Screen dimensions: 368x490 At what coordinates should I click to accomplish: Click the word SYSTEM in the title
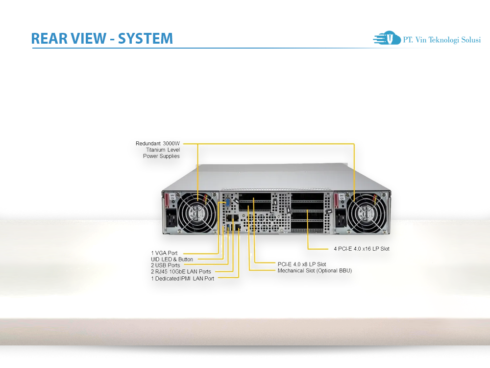pyautogui.click(x=146, y=38)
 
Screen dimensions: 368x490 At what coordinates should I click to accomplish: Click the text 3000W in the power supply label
pyautogui.click(x=171, y=144)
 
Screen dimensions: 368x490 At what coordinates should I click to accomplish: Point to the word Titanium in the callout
pyautogui.click(x=155, y=150)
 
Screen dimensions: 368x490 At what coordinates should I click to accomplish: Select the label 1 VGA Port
pyautogui.click(x=164, y=253)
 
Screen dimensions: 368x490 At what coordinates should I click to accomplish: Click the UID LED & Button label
pyautogui.click(x=172, y=259)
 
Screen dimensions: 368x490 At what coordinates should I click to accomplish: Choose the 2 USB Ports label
pyautogui.click(x=165, y=265)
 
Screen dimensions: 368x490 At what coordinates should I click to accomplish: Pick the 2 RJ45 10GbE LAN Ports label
pyautogui.click(x=181, y=271)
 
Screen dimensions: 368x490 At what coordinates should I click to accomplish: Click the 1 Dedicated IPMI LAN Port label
pyautogui.click(x=182, y=278)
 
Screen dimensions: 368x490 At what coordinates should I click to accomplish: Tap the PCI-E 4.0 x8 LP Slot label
pyautogui.click(x=302, y=264)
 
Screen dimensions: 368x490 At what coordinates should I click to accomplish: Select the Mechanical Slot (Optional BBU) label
pyautogui.click(x=315, y=270)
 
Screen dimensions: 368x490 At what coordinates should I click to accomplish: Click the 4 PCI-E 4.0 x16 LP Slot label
pyautogui.click(x=362, y=249)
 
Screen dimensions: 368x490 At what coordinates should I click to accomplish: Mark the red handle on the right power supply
pyautogui.click(x=337, y=201)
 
